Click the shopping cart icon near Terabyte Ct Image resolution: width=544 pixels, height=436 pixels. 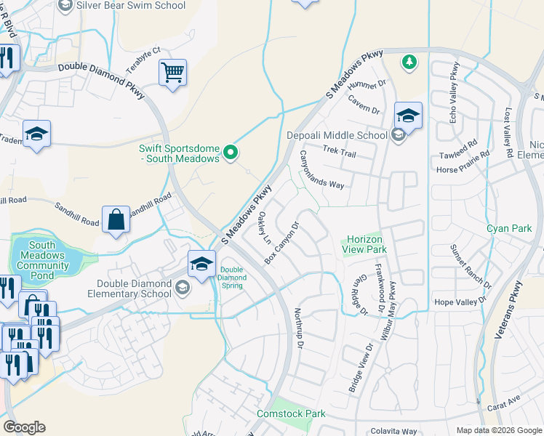[172, 72]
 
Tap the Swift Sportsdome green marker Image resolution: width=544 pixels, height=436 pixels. [231, 152]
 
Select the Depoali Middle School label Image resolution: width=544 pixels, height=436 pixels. [337, 135]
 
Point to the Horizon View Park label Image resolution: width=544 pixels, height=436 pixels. [364, 244]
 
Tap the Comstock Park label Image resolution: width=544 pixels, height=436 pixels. [291, 413]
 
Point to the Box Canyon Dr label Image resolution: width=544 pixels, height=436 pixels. [281, 243]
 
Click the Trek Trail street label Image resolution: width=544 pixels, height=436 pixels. [339, 153]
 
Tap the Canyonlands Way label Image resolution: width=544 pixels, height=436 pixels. [321, 170]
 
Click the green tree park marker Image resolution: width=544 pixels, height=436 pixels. [409, 62]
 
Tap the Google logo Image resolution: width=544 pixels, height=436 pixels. [24, 427]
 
